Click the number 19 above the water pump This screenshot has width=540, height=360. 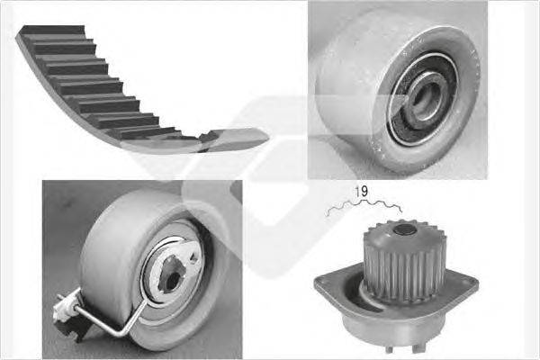361,192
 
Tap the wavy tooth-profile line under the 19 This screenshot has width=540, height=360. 364,206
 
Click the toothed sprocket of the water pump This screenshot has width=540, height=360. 403,262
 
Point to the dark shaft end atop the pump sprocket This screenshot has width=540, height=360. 404,229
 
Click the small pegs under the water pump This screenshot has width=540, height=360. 403,347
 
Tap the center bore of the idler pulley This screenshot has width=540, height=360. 427,99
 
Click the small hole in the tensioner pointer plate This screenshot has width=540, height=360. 193,258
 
